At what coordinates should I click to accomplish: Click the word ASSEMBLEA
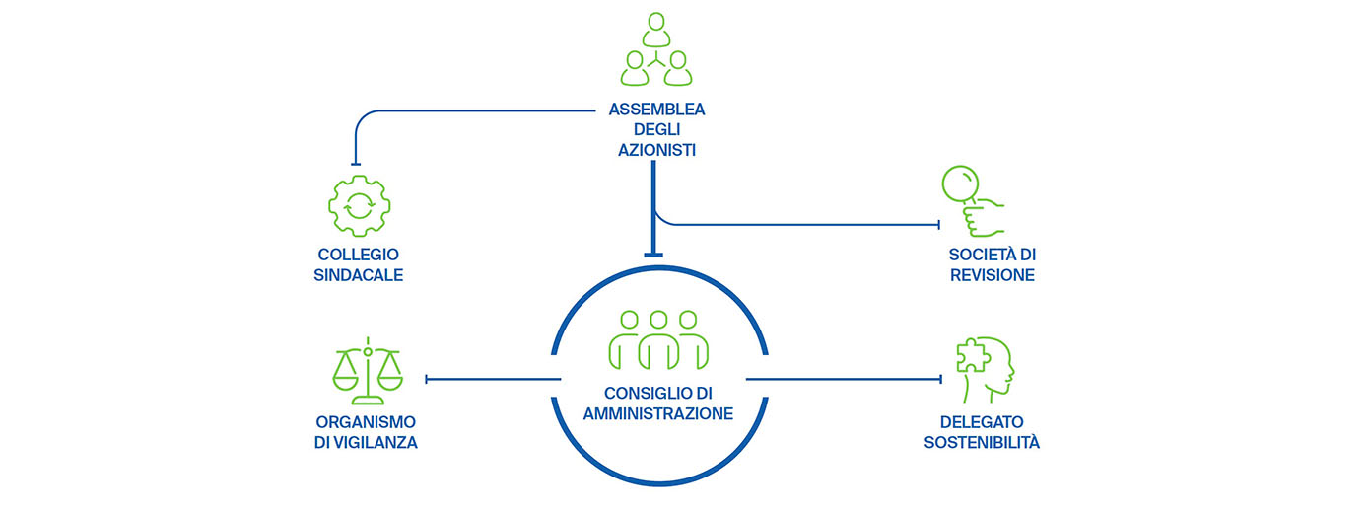tap(657, 110)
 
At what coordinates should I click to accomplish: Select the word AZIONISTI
tap(657, 150)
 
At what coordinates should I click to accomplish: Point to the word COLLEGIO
tap(358, 254)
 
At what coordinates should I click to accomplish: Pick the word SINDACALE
tap(358, 274)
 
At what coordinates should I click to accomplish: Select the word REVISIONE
tap(993, 275)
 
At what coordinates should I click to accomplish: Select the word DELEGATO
tap(982, 421)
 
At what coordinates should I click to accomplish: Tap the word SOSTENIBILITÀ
tap(982, 443)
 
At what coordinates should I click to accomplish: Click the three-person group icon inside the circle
tap(658, 338)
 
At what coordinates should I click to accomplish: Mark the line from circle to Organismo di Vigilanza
tap(493, 378)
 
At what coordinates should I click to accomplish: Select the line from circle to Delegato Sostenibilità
tap(844, 378)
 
